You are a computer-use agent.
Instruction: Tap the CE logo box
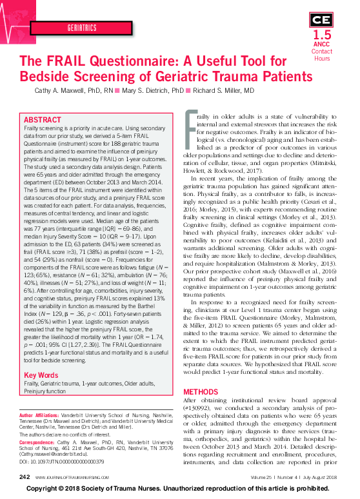(x=322, y=18)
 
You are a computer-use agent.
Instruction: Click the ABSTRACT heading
(x=43, y=121)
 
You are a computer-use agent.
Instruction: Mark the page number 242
(x=25, y=477)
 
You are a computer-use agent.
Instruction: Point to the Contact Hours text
(x=322, y=55)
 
